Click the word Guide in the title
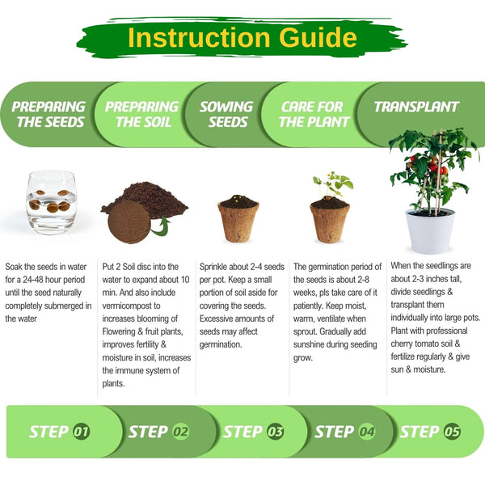(318, 37)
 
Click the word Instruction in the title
(200, 37)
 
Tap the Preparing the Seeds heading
(48, 114)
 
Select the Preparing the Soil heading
(142, 114)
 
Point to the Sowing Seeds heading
(226, 114)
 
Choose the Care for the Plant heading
(314, 114)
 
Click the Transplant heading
(416, 107)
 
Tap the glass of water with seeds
(52, 202)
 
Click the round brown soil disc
(129, 221)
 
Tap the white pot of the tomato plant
(430, 230)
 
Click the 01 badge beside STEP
(82, 432)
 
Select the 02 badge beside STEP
(180, 432)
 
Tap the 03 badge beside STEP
(275, 432)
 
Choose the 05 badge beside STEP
(452, 432)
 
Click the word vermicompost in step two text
(131, 306)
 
